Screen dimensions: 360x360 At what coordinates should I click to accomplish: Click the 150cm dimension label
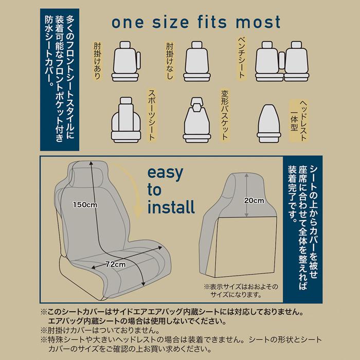click(85, 204)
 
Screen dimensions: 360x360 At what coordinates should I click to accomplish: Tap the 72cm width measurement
click(116, 264)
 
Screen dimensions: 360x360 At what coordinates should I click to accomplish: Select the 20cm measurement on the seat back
click(254, 201)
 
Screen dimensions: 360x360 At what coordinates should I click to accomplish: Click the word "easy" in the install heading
click(165, 174)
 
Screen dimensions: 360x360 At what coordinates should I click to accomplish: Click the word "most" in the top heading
click(258, 22)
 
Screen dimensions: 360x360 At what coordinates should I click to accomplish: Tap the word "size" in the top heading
click(171, 22)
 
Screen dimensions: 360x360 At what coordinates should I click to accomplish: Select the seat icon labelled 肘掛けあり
click(126, 61)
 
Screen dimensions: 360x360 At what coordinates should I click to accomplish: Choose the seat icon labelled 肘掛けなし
click(197, 61)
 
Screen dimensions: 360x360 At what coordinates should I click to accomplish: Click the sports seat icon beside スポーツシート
click(126, 120)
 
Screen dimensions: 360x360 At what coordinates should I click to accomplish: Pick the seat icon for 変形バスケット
click(197, 120)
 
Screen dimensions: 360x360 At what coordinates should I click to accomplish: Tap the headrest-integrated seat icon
click(269, 123)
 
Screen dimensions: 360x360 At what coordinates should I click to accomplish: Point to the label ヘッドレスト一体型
click(299, 120)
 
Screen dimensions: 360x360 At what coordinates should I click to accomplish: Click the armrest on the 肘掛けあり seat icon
click(138, 60)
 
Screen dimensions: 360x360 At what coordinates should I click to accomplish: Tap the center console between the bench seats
click(282, 60)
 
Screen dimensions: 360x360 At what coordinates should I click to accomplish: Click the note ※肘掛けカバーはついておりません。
click(100, 330)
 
